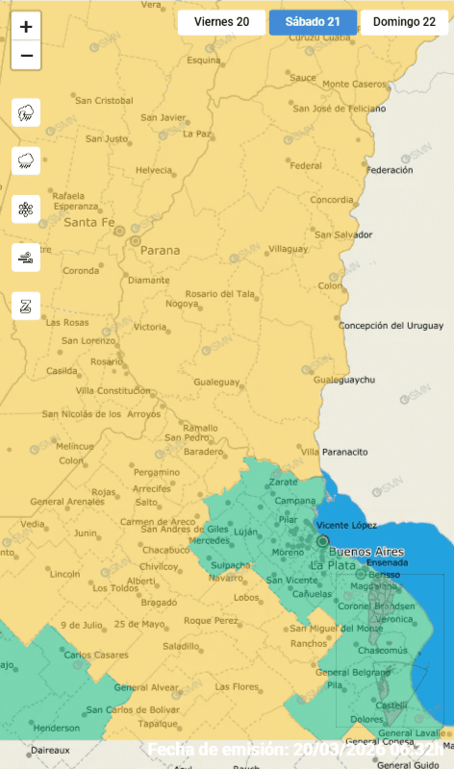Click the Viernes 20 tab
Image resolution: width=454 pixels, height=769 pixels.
coord(221,22)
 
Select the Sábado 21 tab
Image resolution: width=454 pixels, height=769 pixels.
coord(313,22)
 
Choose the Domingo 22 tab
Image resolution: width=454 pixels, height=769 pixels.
coord(404,22)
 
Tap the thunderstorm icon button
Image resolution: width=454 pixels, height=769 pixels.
coord(26,113)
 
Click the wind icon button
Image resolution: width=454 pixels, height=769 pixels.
coord(26,258)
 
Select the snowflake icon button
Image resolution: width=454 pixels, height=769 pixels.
coord(26,210)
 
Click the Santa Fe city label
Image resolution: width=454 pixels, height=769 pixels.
coord(88,222)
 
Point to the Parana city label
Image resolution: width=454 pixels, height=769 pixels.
coord(160,250)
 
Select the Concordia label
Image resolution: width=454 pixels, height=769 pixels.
coord(332,200)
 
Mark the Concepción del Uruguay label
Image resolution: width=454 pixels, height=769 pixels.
coord(391,326)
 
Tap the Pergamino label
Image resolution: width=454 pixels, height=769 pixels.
coord(156,473)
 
